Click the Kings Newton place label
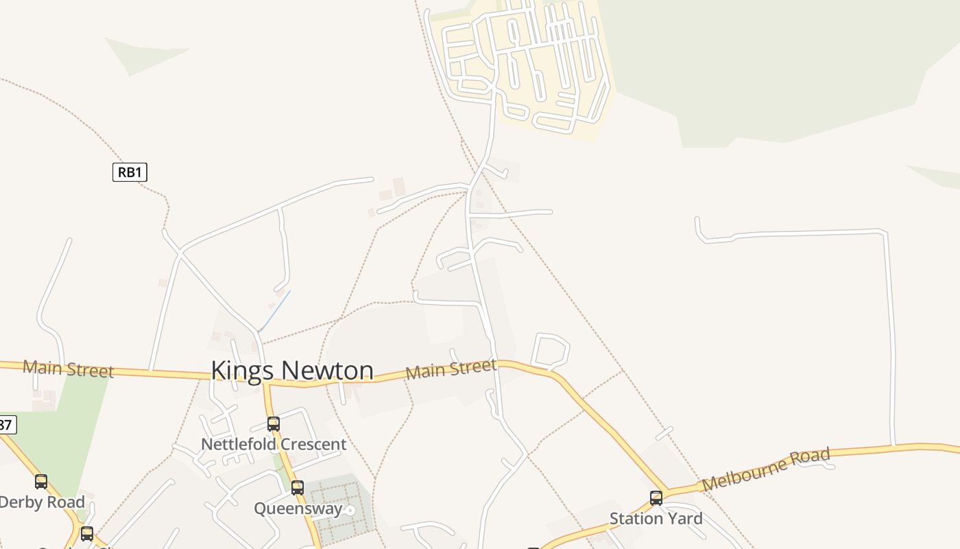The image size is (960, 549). (292, 371)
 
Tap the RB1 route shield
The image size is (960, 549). (130, 172)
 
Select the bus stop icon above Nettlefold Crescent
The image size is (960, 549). (274, 424)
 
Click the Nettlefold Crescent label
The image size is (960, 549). (274, 445)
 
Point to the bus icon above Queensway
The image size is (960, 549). (297, 488)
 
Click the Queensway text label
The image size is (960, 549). (298, 509)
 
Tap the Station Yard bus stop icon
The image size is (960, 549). (656, 498)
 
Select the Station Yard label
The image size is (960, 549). (656, 519)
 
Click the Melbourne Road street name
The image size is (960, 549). (766, 469)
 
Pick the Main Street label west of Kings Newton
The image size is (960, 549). (68, 369)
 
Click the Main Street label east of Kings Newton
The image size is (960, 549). (451, 369)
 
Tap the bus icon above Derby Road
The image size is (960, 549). (41, 482)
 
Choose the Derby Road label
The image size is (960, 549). (43, 502)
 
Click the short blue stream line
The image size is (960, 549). (275, 311)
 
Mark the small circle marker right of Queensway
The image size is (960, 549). (350, 510)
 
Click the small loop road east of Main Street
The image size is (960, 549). (550, 351)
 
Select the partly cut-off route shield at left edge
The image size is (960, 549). (5, 425)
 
